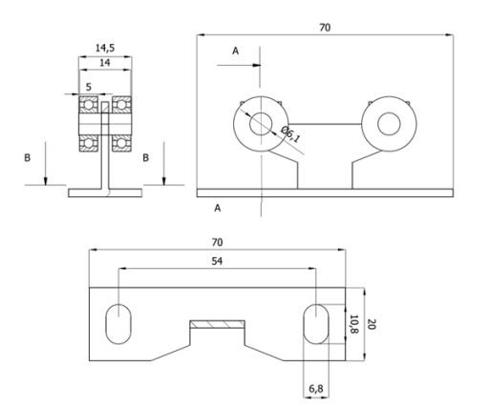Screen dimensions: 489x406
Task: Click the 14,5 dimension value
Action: [x=105, y=48]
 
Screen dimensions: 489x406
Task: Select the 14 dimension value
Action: [x=105, y=63]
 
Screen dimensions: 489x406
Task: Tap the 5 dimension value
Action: [x=89, y=87]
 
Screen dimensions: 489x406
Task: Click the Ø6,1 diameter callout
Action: [x=290, y=134]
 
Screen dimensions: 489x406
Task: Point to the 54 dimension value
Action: [x=217, y=261]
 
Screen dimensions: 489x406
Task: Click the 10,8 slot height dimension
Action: [x=354, y=324]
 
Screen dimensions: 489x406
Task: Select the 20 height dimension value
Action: [x=372, y=324]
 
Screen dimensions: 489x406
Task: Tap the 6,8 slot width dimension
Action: [x=316, y=388]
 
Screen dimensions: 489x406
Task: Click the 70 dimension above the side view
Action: [x=325, y=28]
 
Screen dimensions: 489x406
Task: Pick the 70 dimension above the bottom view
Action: [x=217, y=242]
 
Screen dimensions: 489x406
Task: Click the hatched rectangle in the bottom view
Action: [x=218, y=324]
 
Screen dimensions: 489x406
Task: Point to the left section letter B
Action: [x=28, y=158]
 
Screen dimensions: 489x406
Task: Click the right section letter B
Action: [x=145, y=158]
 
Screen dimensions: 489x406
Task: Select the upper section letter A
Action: [x=235, y=51]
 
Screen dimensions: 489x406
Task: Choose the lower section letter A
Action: [x=218, y=208]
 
